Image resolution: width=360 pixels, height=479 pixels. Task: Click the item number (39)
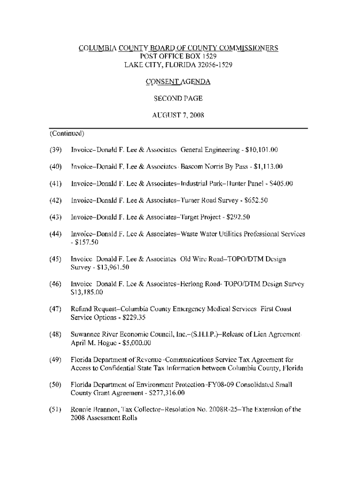click(56, 150)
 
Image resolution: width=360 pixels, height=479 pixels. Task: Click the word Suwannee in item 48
click(86, 335)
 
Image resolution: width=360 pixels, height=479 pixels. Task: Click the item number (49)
click(56, 360)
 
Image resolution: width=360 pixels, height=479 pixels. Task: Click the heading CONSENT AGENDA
click(178, 82)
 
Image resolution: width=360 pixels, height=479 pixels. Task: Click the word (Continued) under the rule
click(66, 133)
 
